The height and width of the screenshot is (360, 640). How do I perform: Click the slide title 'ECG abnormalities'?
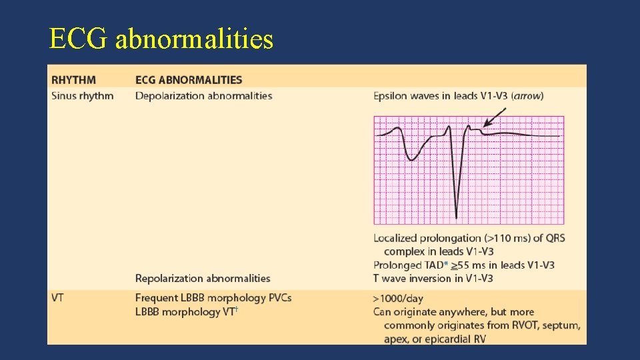(161, 39)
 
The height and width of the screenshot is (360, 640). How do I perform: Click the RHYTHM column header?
(73, 80)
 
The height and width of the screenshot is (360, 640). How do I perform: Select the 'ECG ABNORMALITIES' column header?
(189, 80)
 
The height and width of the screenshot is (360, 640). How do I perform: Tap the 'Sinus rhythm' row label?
(82, 95)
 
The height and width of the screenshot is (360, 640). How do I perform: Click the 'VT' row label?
(57, 298)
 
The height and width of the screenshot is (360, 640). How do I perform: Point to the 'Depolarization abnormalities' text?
(203, 95)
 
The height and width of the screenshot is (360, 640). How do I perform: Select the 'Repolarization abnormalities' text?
(203, 278)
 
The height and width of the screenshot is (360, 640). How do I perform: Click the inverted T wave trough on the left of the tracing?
(413, 159)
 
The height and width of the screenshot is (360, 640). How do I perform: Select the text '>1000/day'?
(398, 298)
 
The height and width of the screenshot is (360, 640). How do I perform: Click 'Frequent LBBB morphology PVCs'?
(213, 298)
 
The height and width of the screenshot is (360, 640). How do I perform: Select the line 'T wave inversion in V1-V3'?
(433, 278)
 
